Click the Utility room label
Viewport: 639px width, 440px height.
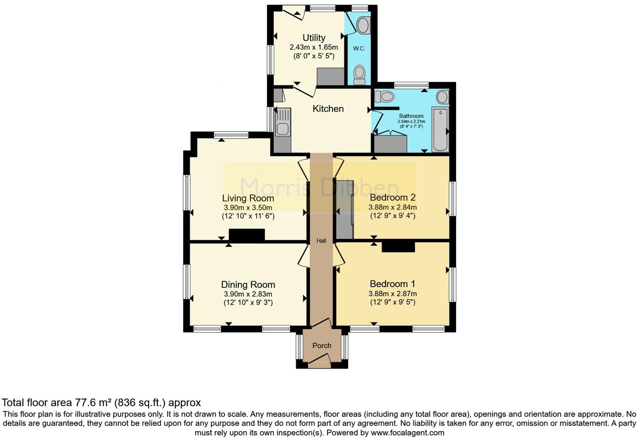click(x=314, y=38)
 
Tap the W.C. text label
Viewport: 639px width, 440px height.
click(x=359, y=48)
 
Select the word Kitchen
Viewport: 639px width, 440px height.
click(x=328, y=109)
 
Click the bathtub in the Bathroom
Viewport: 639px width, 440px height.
click(x=440, y=129)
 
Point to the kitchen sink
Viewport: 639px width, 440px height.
click(x=282, y=122)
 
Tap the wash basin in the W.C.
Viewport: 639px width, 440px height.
click(x=362, y=25)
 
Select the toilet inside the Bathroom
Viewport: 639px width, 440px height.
click(x=383, y=97)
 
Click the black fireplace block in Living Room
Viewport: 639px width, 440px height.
click(x=247, y=235)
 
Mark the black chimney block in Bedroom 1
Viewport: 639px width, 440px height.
click(x=398, y=247)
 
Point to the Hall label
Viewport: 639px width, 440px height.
click(x=321, y=241)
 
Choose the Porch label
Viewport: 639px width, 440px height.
click(x=322, y=346)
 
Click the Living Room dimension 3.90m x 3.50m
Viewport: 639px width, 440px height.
click(x=248, y=207)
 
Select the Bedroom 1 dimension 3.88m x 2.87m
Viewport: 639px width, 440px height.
click(x=393, y=294)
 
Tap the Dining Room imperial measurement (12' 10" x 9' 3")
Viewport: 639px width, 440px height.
click(x=248, y=303)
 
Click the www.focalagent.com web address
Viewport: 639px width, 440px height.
click(x=407, y=432)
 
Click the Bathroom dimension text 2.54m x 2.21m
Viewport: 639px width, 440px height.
click(x=411, y=121)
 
